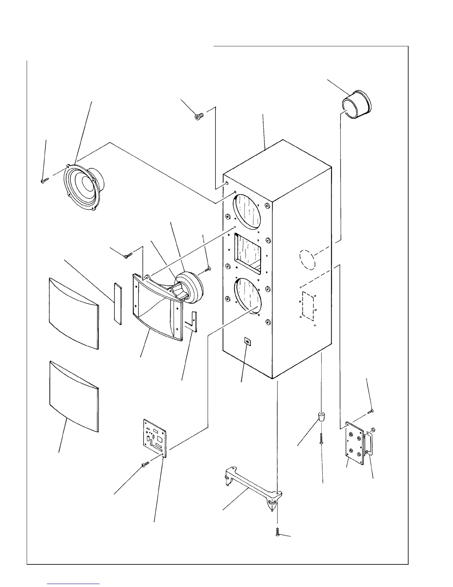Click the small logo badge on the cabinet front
tap(248, 341)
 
